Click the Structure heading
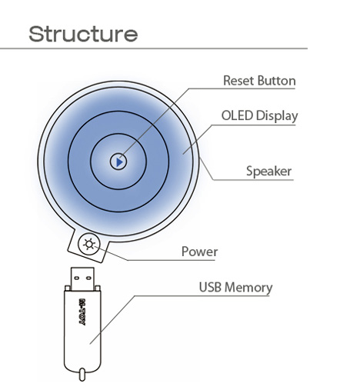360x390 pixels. pyautogui.click(x=83, y=34)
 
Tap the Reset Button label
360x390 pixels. pyautogui.click(x=259, y=81)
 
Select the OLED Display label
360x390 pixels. pyautogui.click(x=259, y=116)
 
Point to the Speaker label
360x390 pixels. pyautogui.click(x=268, y=171)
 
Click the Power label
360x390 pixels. pyautogui.click(x=199, y=252)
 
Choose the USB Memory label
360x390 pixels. pyautogui.click(x=235, y=288)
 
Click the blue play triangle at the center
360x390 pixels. pyautogui.click(x=119, y=162)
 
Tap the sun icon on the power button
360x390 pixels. pyautogui.click(x=89, y=244)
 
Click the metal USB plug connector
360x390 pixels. pyautogui.click(x=82, y=279)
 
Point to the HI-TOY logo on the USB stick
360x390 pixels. pyautogui.click(x=82, y=312)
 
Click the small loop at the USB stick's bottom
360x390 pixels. pyautogui.click(x=82, y=375)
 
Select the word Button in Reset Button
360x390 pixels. pyautogui.click(x=276, y=81)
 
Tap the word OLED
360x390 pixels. pyautogui.click(x=237, y=115)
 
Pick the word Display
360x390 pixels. pyautogui.click(x=277, y=116)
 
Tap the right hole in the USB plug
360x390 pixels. pyautogui.click(x=88, y=278)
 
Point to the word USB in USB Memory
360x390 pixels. pyautogui.click(x=210, y=287)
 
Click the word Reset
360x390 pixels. pyautogui.click(x=239, y=81)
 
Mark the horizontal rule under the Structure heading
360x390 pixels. pyautogui.click(x=154, y=48)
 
